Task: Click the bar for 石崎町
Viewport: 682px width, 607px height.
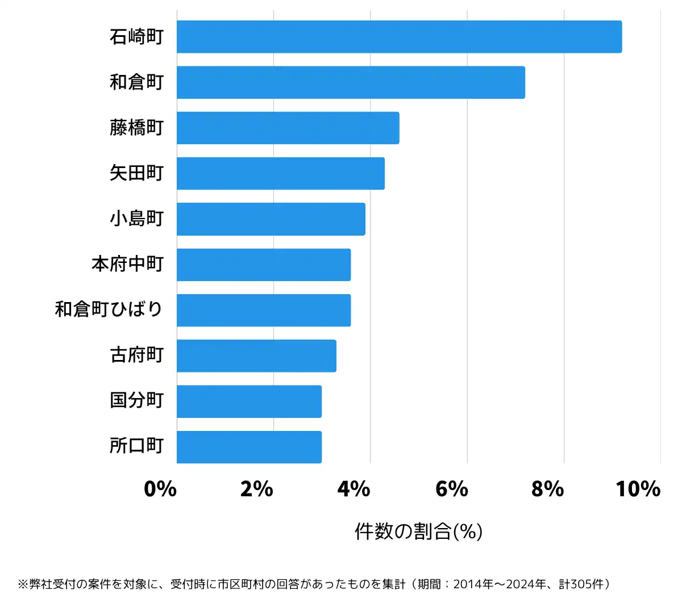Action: point(399,37)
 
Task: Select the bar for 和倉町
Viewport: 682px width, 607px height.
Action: point(351,82)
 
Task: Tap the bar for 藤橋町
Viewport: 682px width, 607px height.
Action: point(288,128)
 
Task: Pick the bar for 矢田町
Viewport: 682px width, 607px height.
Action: point(280,173)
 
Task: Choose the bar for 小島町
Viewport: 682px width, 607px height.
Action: point(271,219)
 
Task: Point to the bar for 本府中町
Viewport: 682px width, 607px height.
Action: point(264,265)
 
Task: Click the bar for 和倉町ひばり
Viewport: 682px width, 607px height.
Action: point(264,310)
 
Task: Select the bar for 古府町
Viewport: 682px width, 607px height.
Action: point(256,355)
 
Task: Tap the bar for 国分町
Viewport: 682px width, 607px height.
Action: point(249,401)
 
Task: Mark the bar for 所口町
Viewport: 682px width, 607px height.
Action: point(249,447)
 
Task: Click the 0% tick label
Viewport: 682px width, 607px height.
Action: point(160,489)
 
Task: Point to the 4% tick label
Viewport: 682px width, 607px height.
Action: point(354,489)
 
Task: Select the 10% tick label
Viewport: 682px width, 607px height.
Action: point(638,489)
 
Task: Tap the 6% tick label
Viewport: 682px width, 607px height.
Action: point(451,489)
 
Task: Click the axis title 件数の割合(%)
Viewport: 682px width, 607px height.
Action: point(419,531)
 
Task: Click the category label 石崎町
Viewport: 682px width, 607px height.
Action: point(136,37)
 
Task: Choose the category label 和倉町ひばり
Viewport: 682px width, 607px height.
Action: point(109,310)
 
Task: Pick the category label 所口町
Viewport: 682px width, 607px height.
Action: point(136,446)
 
